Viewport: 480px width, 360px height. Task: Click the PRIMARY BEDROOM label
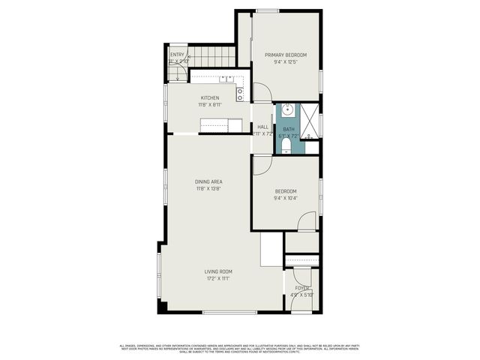click(285, 54)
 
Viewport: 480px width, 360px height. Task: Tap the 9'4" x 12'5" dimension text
click(285, 61)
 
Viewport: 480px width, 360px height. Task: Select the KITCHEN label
click(209, 98)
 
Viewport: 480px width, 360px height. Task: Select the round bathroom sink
click(287, 112)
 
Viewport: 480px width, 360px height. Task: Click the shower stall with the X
click(310, 118)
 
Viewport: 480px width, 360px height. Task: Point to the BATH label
click(288, 129)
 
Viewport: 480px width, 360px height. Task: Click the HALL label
click(262, 127)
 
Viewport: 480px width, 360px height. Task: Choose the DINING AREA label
click(208, 181)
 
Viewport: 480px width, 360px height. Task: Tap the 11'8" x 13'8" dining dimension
click(208, 189)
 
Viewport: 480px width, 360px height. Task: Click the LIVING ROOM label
click(219, 271)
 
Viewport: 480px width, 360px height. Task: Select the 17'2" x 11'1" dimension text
click(219, 279)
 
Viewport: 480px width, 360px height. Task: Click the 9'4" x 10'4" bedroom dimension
click(285, 199)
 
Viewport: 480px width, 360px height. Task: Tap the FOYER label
click(301, 288)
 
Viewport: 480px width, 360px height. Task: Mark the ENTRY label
click(177, 55)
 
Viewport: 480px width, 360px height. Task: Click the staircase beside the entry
click(211, 56)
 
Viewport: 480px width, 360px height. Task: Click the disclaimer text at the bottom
click(240, 348)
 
